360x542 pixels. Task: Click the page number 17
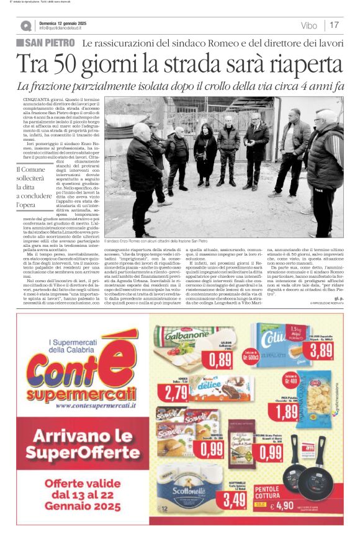point(334,25)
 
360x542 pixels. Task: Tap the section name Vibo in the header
point(308,25)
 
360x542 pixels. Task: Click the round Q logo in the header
point(26,26)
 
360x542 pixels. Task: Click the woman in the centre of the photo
point(205,158)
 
